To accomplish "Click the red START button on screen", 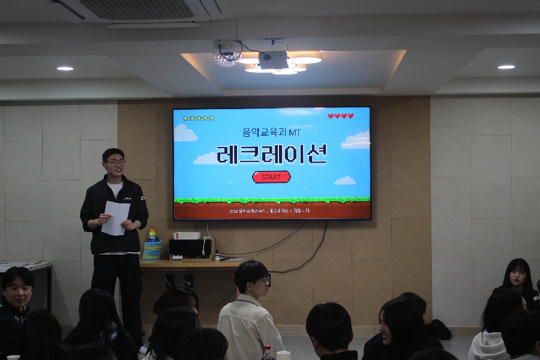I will [271, 177].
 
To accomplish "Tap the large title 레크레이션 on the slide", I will [271, 154].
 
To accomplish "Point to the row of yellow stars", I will [199, 118].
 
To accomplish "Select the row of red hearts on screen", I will [340, 116].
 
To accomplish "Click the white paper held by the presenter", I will [115, 217].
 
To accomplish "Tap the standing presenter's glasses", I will [116, 163].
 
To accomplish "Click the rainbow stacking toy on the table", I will [152, 243].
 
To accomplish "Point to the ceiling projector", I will [273, 56].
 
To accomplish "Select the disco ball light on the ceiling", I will [227, 54].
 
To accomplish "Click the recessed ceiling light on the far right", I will [506, 67].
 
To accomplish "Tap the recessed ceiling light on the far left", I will [65, 68].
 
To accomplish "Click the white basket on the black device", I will [187, 235].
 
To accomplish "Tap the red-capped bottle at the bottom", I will [268, 353].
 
